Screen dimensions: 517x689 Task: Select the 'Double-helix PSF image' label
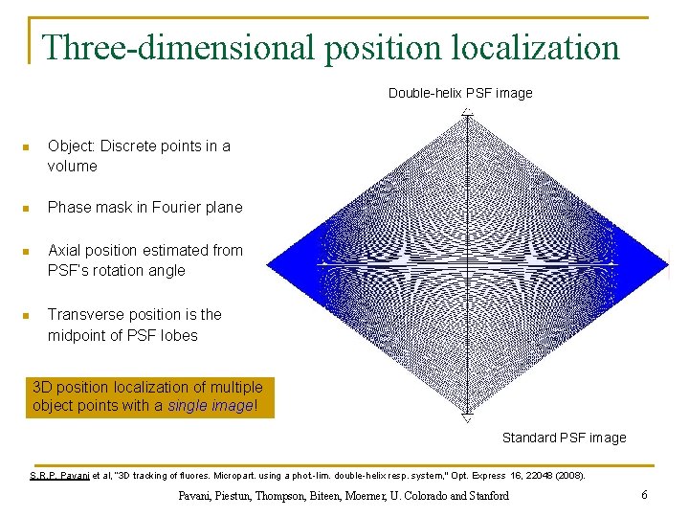[460, 93]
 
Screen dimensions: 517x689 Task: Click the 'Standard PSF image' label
[565, 438]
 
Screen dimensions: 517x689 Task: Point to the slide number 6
[645, 495]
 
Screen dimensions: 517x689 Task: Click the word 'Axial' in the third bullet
[65, 250]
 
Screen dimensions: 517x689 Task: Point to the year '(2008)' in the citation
[567, 476]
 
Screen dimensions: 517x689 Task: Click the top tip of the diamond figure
[466, 111]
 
